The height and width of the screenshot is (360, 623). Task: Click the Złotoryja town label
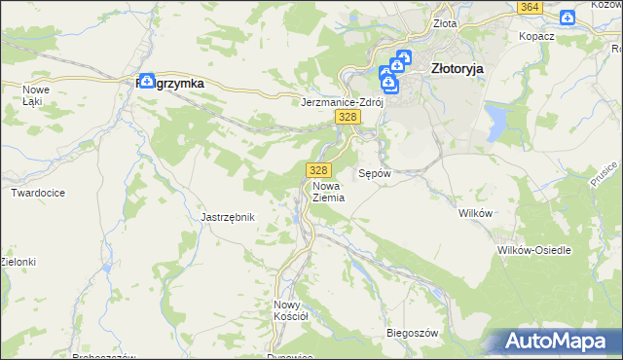click(x=457, y=69)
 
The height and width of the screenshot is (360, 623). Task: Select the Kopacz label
click(x=537, y=35)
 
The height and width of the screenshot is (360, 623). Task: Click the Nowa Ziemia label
click(x=329, y=190)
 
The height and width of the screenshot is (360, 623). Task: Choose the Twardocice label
click(x=38, y=193)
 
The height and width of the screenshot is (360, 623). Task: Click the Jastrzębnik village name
click(x=228, y=217)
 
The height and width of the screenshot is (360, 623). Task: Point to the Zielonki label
click(x=18, y=262)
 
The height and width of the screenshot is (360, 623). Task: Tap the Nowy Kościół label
click(x=290, y=309)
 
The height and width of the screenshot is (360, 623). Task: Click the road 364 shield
click(x=530, y=7)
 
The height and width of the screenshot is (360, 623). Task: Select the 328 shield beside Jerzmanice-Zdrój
click(x=348, y=117)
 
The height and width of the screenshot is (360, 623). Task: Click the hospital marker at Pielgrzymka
click(x=147, y=82)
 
